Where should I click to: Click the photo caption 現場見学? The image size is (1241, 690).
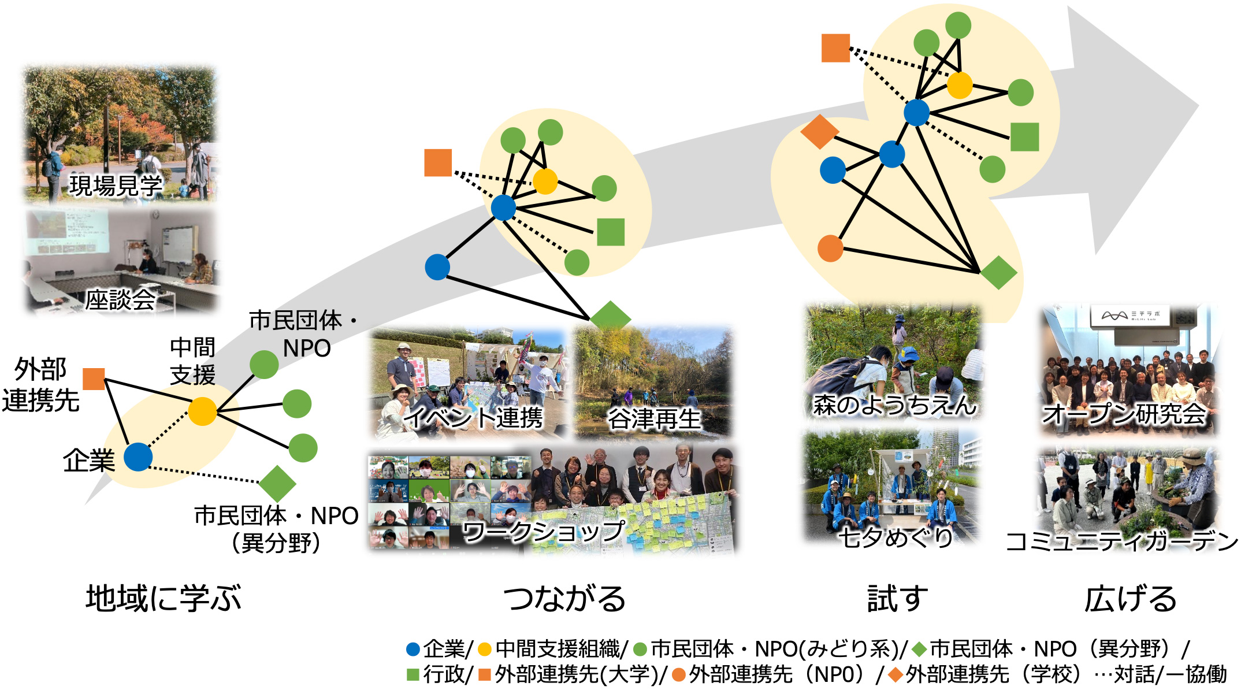[x=116, y=186]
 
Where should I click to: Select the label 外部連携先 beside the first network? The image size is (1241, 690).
[x=40, y=385]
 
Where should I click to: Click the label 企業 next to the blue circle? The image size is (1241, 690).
[x=89, y=461]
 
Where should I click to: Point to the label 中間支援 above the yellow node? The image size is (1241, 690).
[x=192, y=361]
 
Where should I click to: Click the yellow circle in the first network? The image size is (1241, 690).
[x=202, y=411]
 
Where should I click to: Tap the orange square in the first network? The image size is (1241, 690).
[x=94, y=379]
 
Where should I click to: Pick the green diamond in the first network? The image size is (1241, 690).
[x=277, y=483]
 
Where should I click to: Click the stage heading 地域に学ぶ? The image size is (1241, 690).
[x=164, y=598]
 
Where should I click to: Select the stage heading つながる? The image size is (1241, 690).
[x=564, y=599]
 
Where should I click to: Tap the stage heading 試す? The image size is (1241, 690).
[x=897, y=599]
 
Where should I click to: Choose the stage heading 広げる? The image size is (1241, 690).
[x=1130, y=599]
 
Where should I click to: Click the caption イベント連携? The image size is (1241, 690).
[x=474, y=418]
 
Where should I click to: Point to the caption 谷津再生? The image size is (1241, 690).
[x=653, y=419]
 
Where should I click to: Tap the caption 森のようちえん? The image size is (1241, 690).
[x=894, y=405]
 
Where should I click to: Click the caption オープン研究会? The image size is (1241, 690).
[x=1124, y=414]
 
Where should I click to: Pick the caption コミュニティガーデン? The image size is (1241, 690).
[x=1121, y=541]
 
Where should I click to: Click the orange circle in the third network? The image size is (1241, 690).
[x=830, y=248]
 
